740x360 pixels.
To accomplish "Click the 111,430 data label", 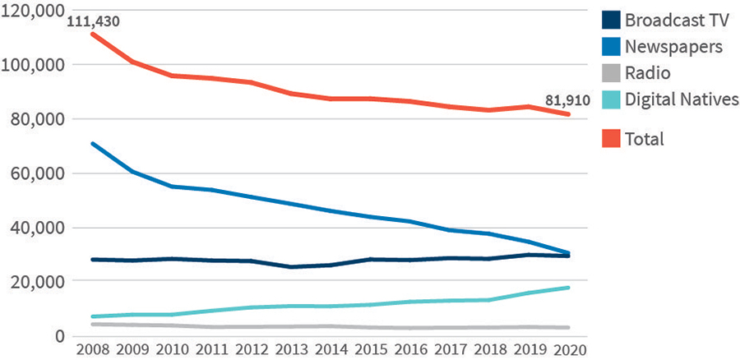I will coord(93,21).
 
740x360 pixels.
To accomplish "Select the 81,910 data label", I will coord(567,101).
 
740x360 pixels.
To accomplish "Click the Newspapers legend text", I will coord(673,46).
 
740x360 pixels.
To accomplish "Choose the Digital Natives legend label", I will coord(682,99).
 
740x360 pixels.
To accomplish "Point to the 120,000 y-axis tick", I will coord(35,11).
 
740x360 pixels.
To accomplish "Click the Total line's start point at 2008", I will coord(93,34).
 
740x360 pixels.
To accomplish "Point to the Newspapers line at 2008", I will coord(93,144).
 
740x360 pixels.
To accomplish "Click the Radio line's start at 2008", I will coord(93,325).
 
